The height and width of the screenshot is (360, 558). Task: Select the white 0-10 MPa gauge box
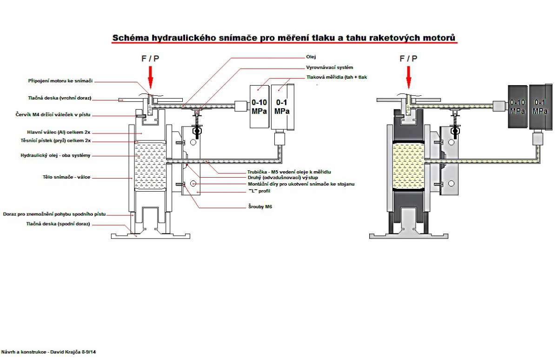tap(259, 107)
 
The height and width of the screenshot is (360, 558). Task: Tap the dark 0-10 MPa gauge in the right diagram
tap(518, 107)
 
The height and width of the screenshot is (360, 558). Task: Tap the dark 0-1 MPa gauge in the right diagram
tap(540, 107)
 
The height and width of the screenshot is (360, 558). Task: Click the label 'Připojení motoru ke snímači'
tap(60, 81)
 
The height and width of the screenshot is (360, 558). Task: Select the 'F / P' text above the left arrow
tap(150, 59)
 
